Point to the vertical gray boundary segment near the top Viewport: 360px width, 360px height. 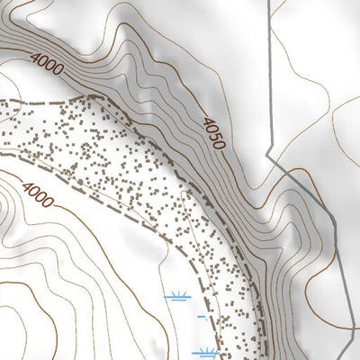(271, 54)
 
